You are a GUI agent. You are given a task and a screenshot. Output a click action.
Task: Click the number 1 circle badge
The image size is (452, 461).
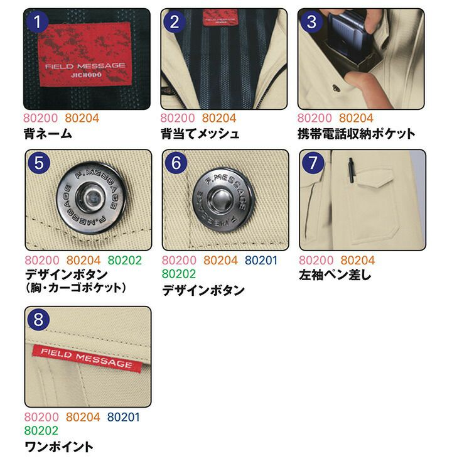point(37,22)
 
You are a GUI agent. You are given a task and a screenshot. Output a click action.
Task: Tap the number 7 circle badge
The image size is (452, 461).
point(313,163)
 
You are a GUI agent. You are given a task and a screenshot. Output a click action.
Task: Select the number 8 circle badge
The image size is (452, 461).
point(38,320)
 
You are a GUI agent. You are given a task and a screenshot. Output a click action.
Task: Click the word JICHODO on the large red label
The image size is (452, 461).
point(86,75)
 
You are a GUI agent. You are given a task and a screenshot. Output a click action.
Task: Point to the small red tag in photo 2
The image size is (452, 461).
point(220,18)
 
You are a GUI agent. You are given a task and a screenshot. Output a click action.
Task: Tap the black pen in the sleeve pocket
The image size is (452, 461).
point(352,171)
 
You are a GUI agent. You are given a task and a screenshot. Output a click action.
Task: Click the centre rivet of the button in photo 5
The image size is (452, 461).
point(90,197)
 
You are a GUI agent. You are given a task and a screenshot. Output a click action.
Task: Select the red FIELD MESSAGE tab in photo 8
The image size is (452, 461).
point(87,359)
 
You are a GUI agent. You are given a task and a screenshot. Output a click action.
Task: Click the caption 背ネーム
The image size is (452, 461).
point(48,134)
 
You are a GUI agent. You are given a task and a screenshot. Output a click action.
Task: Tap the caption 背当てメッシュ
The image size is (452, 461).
point(200,134)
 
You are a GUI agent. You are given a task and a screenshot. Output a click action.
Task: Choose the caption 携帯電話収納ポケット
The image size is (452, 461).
point(356,134)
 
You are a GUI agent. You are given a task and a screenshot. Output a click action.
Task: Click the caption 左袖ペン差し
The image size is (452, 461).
point(335,275)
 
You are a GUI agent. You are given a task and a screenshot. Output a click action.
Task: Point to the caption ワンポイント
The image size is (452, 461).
point(59,447)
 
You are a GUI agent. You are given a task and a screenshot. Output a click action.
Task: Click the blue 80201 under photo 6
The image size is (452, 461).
point(261,261)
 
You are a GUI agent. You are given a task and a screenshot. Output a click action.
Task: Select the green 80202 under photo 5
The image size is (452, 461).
point(124,261)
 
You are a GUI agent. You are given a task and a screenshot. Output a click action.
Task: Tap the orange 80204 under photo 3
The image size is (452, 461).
point(356,118)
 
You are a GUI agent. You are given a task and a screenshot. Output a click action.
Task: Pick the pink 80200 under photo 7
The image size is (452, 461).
point(316,261)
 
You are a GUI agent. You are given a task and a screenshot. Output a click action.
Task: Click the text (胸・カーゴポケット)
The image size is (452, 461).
point(76,288)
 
